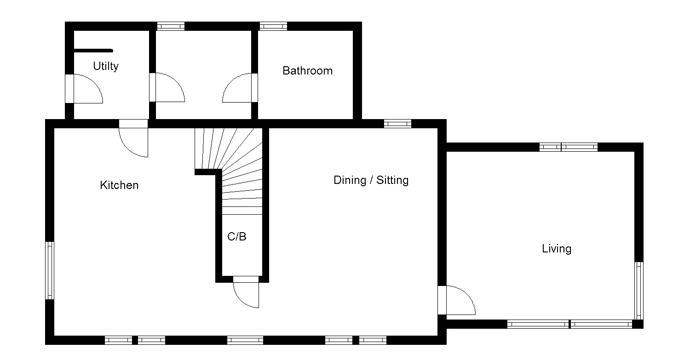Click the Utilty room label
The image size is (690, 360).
pyautogui.click(x=105, y=66)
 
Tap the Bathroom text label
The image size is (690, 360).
pyautogui.click(x=307, y=71)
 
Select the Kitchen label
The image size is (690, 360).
pyautogui.click(x=119, y=185)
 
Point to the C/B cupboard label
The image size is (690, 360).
pyautogui.click(x=237, y=237)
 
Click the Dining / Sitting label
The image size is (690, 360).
pyautogui.click(x=371, y=180)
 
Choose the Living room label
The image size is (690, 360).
pyautogui.click(x=556, y=249)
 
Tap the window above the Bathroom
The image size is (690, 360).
pyautogui.click(x=273, y=26)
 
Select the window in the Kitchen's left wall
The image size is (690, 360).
pyautogui.click(x=50, y=270)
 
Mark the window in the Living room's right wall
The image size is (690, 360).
pyautogui.click(x=638, y=291)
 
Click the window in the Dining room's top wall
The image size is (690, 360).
pyautogui.click(x=397, y=123)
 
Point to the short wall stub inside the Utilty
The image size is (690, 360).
pyautogui.click(x=93, y=51)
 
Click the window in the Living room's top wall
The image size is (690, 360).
pyautogui.click(x=568, y=147)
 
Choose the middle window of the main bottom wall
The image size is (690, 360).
pyautogui.click(x=245, y=340)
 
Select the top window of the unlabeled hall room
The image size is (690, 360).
pyautogui.click(x=171, y=26)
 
